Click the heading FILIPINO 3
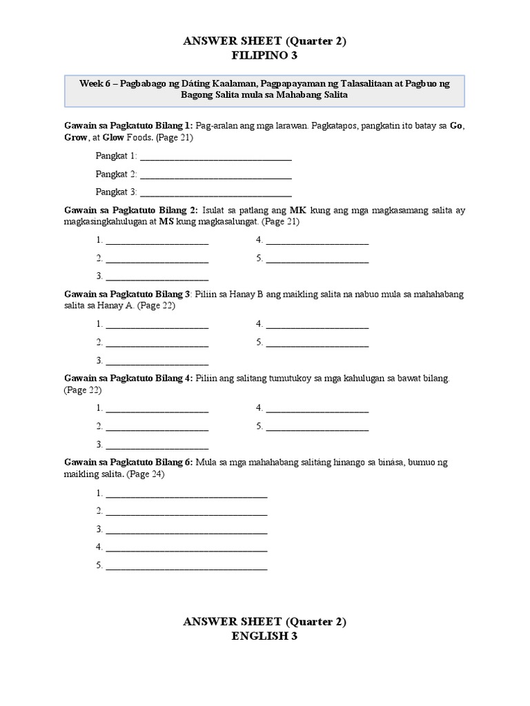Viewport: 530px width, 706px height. pos(264,57)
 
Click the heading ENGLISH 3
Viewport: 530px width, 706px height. pos(264,636)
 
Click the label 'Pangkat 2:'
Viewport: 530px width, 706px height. pos(117,174)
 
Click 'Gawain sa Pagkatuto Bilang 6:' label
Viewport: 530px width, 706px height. pos(129,462)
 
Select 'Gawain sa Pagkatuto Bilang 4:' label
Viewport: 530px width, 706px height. pos(129,379)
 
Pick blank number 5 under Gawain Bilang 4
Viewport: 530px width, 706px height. pos(317,427)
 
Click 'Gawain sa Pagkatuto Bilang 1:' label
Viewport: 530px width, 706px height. pos(129,125)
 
